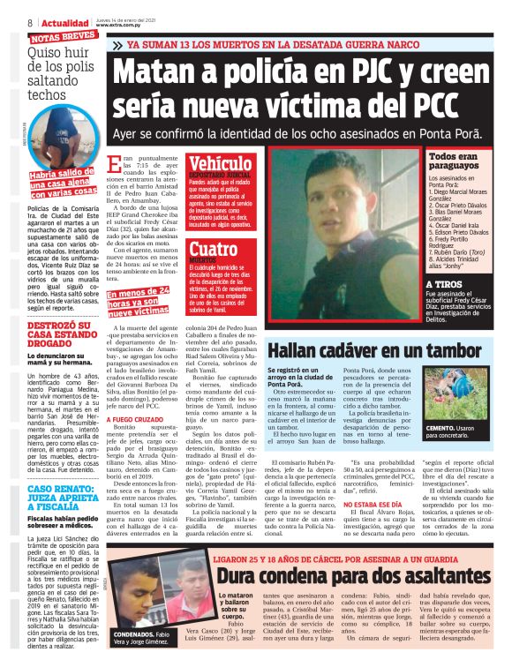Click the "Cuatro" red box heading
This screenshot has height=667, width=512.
point(213,249)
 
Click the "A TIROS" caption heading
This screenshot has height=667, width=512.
point(443,284)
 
